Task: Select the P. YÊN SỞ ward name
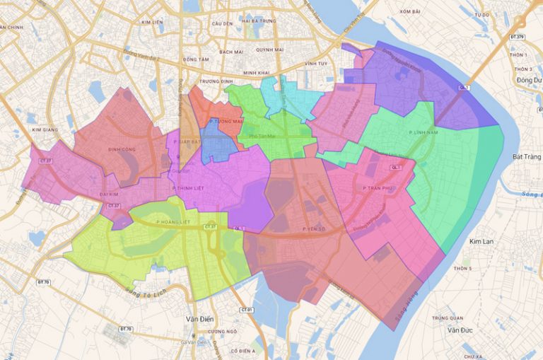tap(315, 229)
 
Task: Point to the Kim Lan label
tap(481, 242)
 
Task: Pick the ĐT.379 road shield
tap(518, 37)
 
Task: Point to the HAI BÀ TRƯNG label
tap(257, 21)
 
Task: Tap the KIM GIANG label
tap(45, 130)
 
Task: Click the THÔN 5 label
tap(462, 269)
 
